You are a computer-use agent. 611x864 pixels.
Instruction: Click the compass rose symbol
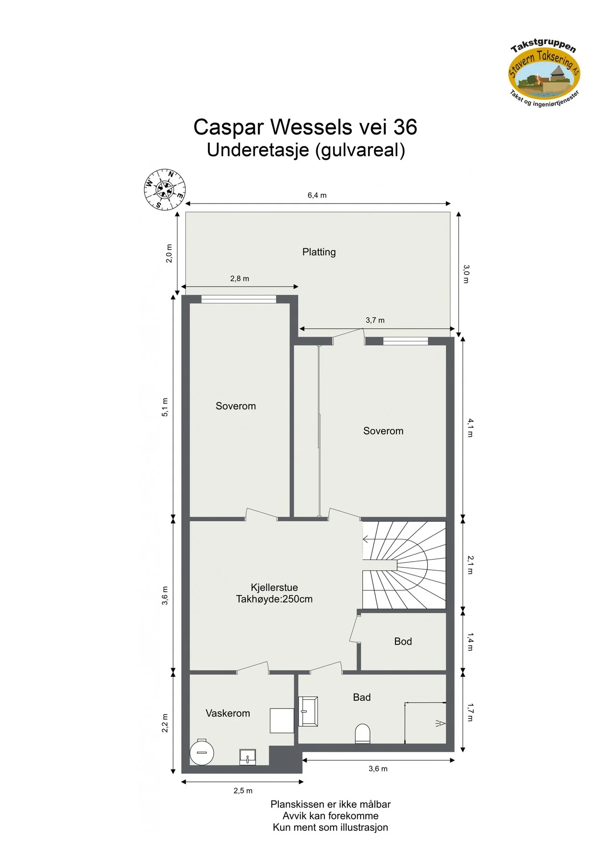pyautogui.click(x=165, y=190)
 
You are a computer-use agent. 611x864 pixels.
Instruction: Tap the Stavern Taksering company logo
pyautogui.click(x=545, y=72)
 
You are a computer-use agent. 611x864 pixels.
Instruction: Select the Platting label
pyautogui.click(x=319, y=252)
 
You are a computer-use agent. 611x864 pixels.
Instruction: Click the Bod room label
pyautogui.click(x=403, y=641)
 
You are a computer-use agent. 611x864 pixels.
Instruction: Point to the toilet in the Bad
pyautogui.click(x=362, y=733)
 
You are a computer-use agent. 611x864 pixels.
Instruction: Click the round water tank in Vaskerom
pyautogui.click(x=202, y=752)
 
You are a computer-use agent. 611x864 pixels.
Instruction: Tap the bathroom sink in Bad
pyautogui.click(x=308, y=711)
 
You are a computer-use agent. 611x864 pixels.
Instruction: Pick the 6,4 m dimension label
pyautogui.click(x=317, y=195)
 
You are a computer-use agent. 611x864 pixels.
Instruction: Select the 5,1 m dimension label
pyautogui.click(x=165, y=407)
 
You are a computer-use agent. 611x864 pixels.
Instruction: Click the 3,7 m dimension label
pyautogui.click(x=375, y=320)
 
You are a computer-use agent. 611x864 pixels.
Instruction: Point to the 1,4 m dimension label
pyautogui.click(x=470, y=642)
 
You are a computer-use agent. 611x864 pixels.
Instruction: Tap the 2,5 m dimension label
pyautogui.click(x=243, y=791)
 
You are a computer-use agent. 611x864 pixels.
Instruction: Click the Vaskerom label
pyautogui.click(x=228, y=713)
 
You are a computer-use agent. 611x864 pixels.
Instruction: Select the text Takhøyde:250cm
pyautogui.click(x=274, y=599)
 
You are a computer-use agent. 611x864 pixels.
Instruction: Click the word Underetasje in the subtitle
pyautogui.click(x=258, y=150)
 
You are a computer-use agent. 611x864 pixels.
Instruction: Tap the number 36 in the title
pyautogui.click(x=405, y=127)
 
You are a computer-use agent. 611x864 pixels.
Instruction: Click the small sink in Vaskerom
pyautogui.click(x=248, y=757)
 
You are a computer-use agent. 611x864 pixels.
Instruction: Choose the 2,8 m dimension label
pyautogui.click(x=240, y=278)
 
